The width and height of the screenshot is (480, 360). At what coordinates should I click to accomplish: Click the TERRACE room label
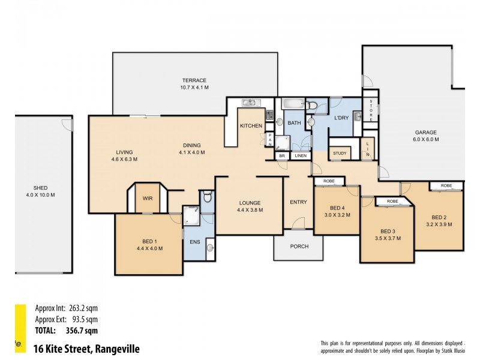[194, 80]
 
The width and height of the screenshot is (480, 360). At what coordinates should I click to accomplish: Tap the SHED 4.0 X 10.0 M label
[40, 191]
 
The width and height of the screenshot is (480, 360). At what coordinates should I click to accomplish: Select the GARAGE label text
[425, 132]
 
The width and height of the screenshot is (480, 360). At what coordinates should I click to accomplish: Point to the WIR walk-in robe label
[148, 199]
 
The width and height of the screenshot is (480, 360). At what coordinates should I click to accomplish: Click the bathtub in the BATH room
[293, 103]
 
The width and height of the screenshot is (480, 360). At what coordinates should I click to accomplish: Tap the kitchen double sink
[251, 103]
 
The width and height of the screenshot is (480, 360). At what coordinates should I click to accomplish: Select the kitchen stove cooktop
[269, 115]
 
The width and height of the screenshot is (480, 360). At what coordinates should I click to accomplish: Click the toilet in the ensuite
[208, 197]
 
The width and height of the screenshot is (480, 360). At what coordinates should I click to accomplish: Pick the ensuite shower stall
[191, 215]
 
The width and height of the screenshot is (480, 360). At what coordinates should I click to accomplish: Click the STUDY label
[340, 153]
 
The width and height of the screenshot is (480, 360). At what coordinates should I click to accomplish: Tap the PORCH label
[299, 246]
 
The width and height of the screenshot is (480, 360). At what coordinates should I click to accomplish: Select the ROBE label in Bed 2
[446, 185]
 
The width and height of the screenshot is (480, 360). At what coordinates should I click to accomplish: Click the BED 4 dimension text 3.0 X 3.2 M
[337, 215]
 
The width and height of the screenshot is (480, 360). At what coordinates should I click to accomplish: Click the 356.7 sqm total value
[82, 331]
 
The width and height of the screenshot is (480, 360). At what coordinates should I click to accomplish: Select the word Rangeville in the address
[117, 349]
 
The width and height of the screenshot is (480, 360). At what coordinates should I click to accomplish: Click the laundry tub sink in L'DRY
[358, 116]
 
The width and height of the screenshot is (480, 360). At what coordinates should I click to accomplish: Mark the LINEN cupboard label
[301, 156]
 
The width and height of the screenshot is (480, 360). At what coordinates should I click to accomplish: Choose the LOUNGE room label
[250, 203]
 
